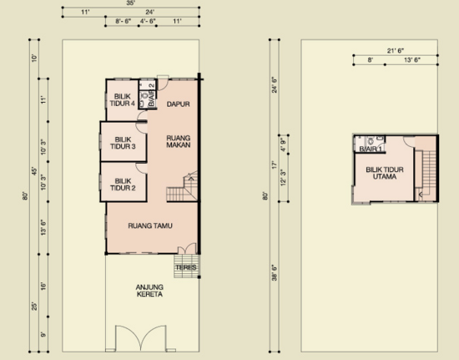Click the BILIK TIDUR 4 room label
(x=123, y=100)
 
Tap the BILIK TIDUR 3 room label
(x=123, y=143)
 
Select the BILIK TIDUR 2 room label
(x=123, y=185)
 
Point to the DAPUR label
(x=179, y=104)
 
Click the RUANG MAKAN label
(x=179, y=141)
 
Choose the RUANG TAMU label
(x=150, y=226)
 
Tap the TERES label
(x=186, y=267)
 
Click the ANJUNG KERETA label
(x=149, y=291)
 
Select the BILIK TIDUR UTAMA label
(x=385, y=173)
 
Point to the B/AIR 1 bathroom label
(x=371, y=150)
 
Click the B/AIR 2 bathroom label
(x=151, y=95)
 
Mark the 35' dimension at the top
(x=131, y=3)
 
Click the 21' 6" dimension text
(x=396, y=51)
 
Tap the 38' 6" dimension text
(x=275, y=272)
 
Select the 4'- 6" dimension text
(x=148, y=21)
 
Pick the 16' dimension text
(x=43, y=286)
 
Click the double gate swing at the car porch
(x=141, y=337)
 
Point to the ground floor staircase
(x=183, y=186)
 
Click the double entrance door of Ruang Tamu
(x=187, y=248)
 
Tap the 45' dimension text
(x=34, y=171)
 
